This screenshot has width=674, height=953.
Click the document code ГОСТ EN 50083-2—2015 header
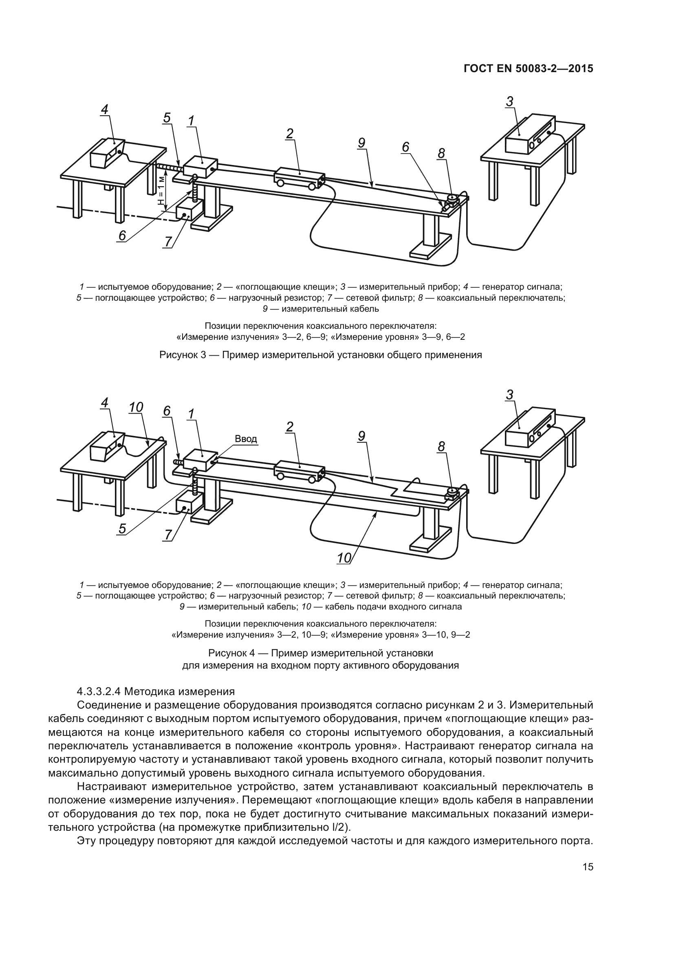528,69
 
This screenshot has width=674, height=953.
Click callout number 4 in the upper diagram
105,110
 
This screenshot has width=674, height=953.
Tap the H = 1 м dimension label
161,192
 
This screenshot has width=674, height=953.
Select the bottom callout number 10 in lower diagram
344,558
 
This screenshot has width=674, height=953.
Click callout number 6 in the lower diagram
166,411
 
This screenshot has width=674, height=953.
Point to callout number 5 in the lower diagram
122,528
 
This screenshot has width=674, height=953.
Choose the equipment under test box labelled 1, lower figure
198,460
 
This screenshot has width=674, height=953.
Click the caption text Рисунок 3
183,355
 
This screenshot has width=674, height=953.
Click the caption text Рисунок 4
231,653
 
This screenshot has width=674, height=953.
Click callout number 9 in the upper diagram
361,143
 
